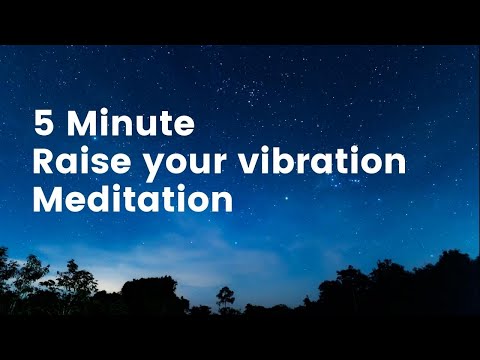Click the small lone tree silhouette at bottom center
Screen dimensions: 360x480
(x=226, y=297)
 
